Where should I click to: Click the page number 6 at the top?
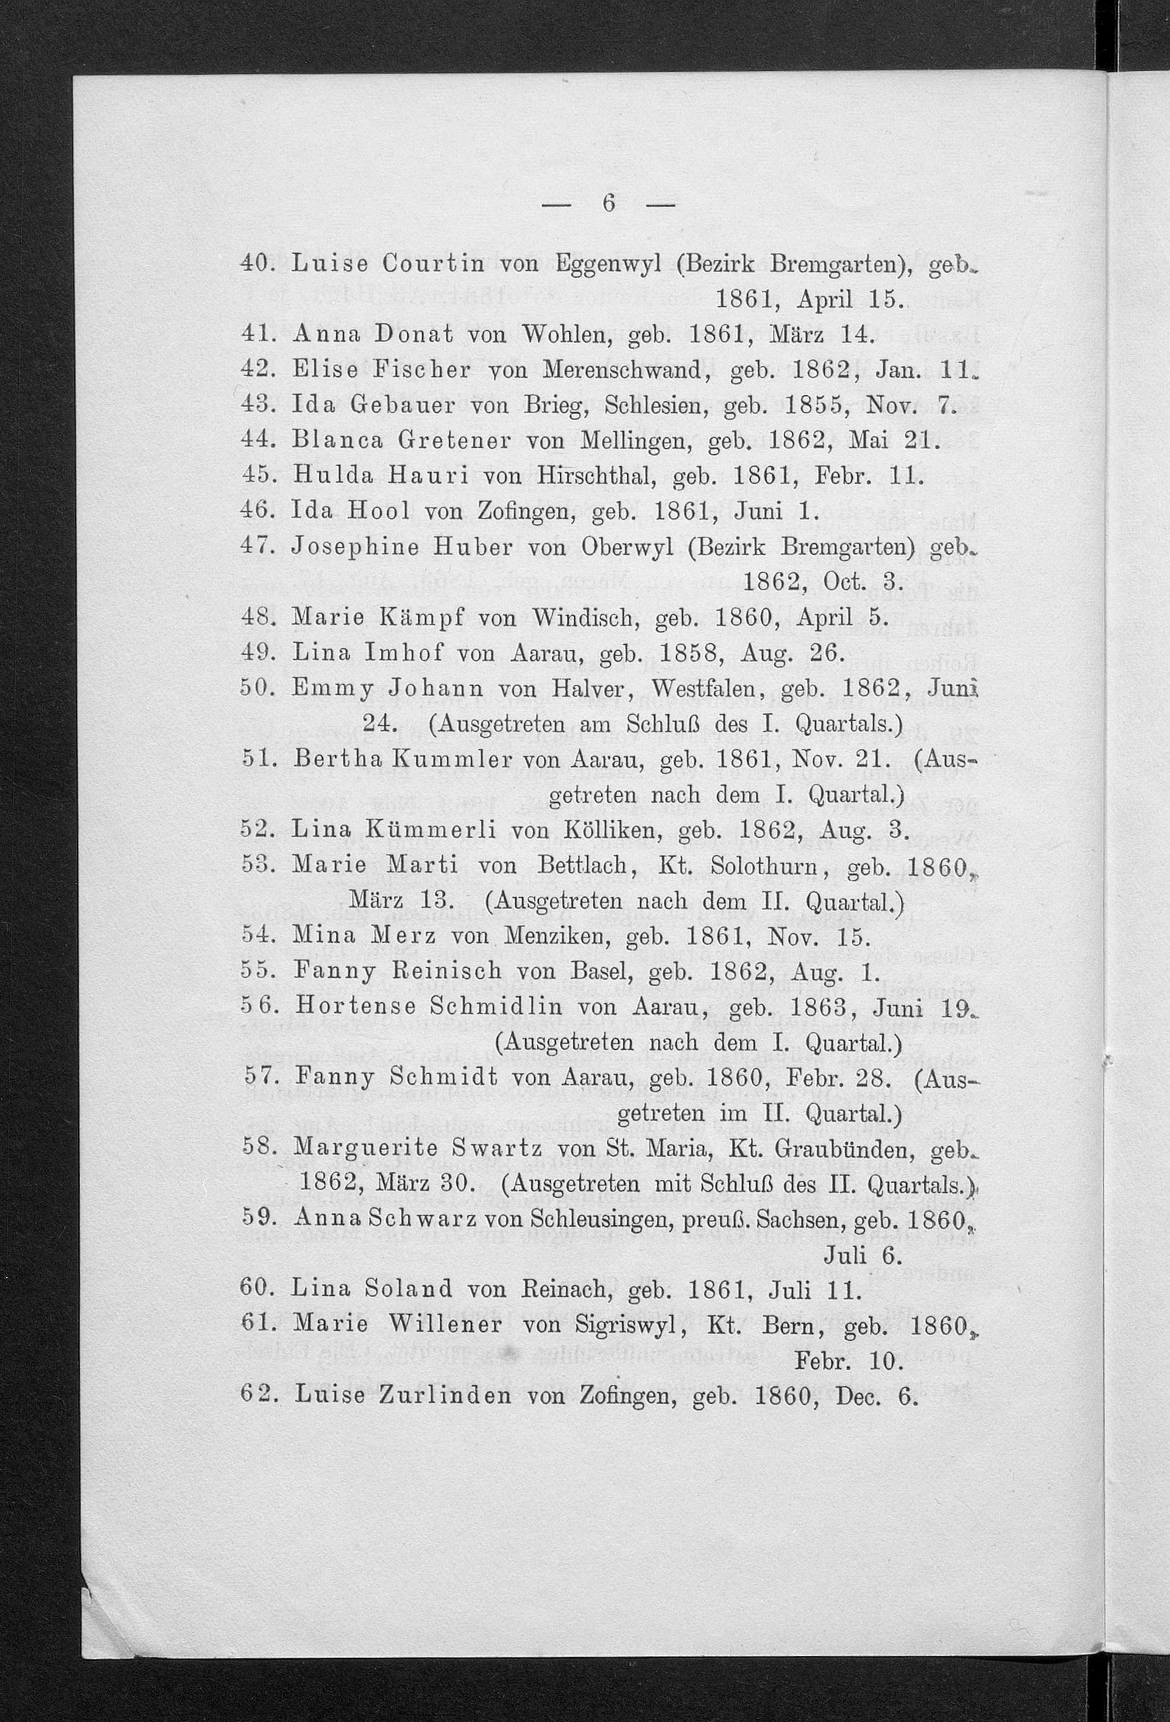[x=608, y=203]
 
